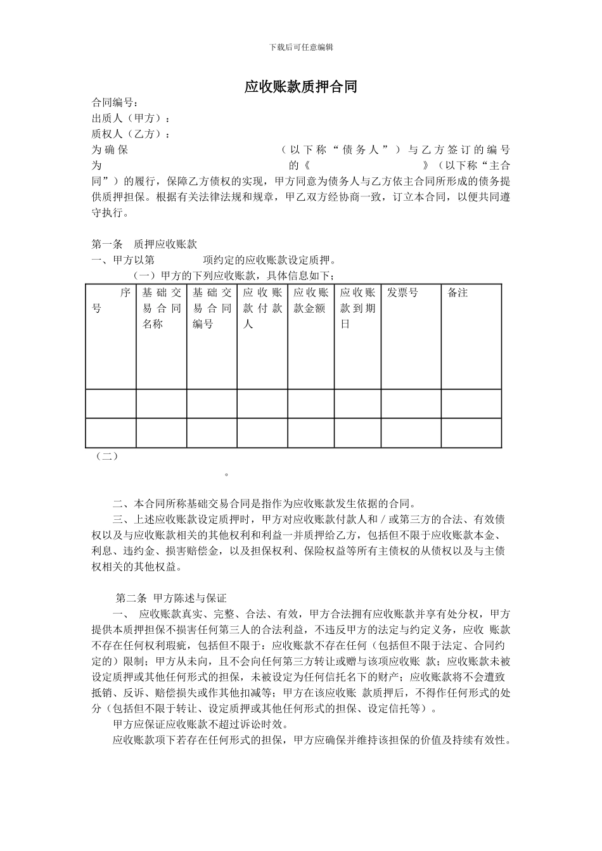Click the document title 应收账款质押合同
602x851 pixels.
point(301,87)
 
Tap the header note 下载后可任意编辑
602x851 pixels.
point(301,47)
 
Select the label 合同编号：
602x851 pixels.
point(115,103)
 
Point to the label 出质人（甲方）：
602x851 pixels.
point(131,118)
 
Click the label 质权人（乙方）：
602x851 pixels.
point(131,134)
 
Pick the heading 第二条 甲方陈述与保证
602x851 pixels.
point(171,598)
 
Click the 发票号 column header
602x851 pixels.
point(402,293)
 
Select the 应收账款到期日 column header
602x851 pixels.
point(357,308)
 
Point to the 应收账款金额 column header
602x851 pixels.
point(311,301)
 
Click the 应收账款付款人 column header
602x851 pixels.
point(262,308)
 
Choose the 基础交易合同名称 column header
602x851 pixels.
point(162,308)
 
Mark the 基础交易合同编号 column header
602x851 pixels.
point(212,308)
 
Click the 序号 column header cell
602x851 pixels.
point(111,301)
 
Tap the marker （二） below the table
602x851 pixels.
point(105,456)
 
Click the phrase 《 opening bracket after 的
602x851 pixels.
point(307,166)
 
